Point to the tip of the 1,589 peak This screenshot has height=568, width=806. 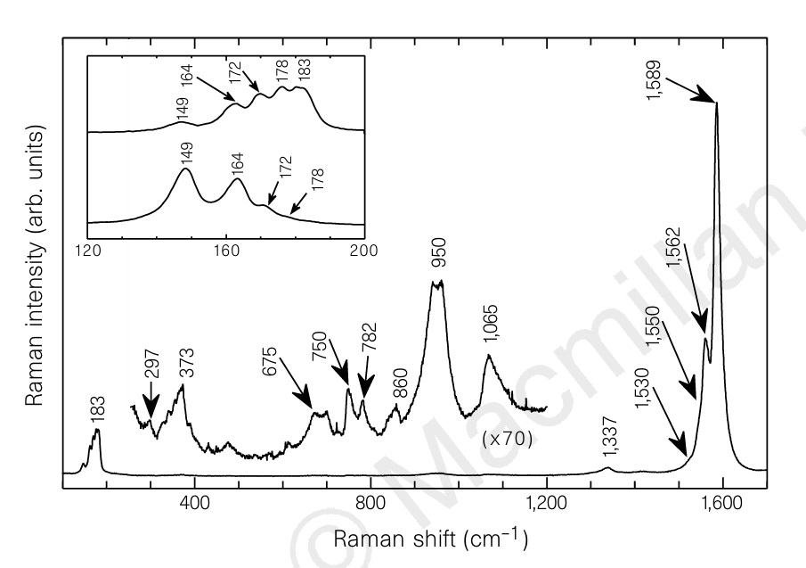[x=717, y=103]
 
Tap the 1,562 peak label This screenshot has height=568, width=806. [x=673, y=247]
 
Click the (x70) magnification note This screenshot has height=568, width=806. [x=508, y=439]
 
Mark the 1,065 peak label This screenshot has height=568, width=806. [x=491, y=324]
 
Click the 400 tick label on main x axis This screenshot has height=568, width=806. [x=195, y=503]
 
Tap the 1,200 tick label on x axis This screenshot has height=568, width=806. [x=547, y=503]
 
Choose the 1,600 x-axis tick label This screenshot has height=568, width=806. [x=722, y=503]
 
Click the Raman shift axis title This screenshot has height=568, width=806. [x=431, y=539]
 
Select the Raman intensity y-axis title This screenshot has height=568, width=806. [x=35, y=266]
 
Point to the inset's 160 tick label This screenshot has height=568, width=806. [x=226, y=251]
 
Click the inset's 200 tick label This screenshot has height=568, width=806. [x=364, y=251]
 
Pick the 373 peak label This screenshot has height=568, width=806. [x=188, y=363]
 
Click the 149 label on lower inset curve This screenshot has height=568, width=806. [x=188, y=152]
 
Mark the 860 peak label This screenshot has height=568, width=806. [x=399, y=383]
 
